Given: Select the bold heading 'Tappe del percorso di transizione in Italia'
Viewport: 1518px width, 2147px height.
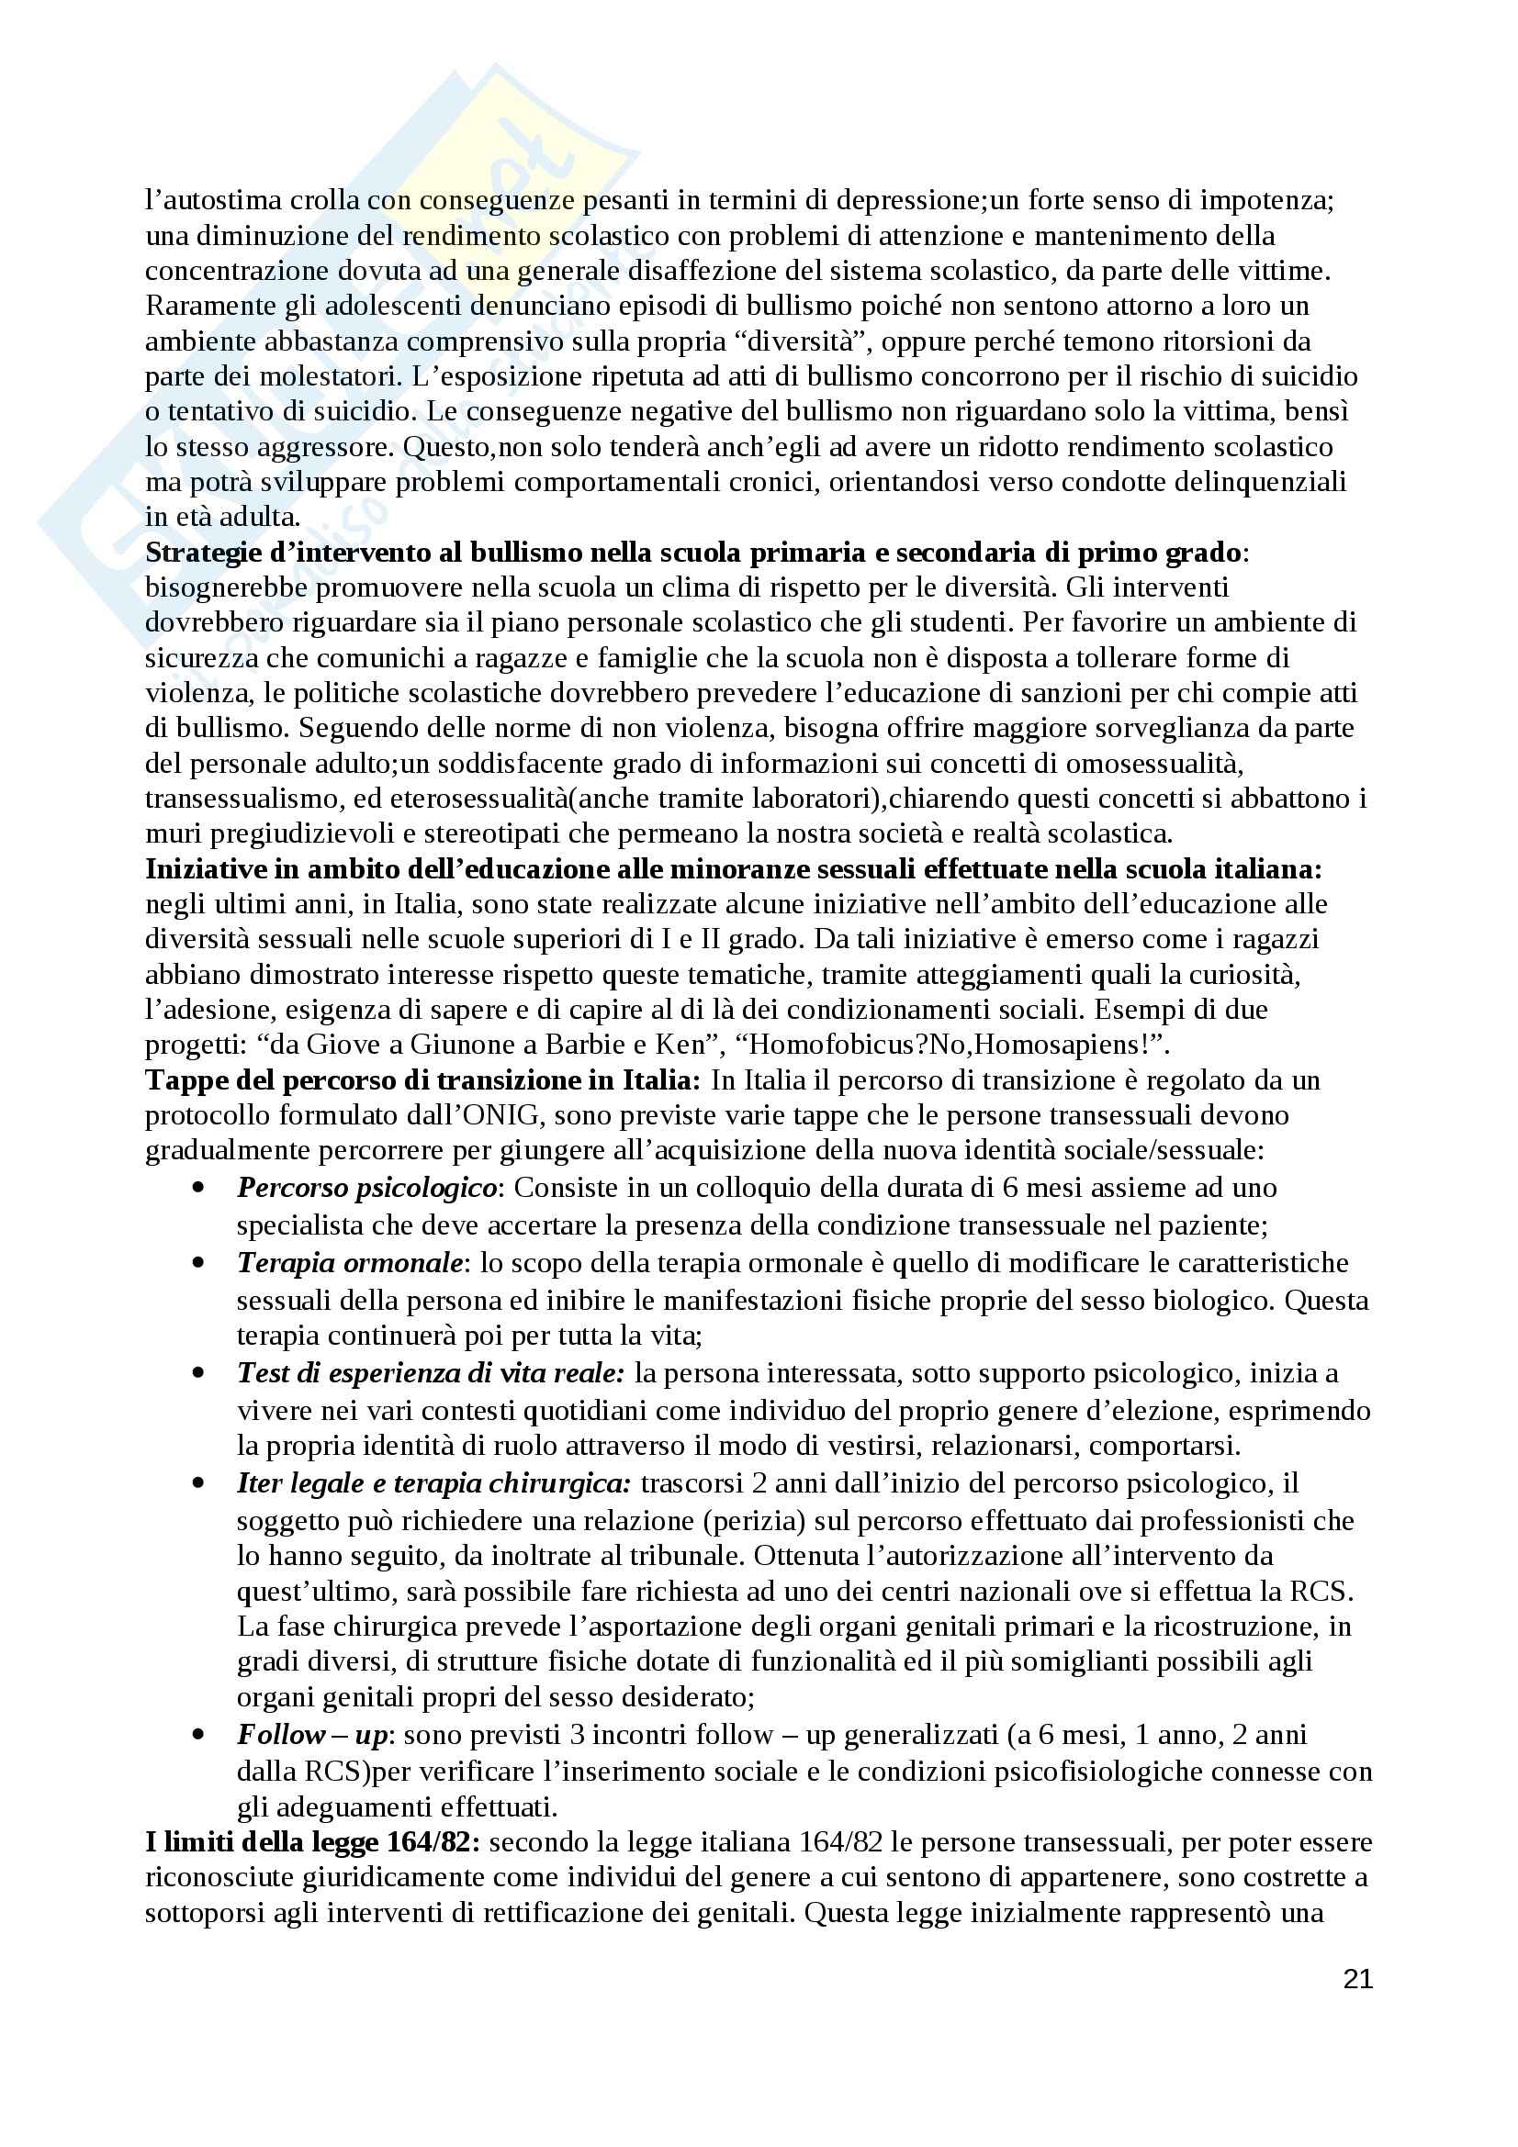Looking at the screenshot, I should coord(422,1081).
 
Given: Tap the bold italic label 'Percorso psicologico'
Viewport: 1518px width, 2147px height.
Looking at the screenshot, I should coord(366,1188).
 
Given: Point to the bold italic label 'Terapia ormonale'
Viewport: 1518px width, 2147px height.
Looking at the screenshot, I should coord(350,1263).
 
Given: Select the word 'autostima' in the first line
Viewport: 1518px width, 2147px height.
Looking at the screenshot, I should coord(211,200).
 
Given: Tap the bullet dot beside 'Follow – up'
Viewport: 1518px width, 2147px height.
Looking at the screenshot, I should coord(197,1735).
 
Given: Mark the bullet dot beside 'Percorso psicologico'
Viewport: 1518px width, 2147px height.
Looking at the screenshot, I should coord(197,1188).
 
